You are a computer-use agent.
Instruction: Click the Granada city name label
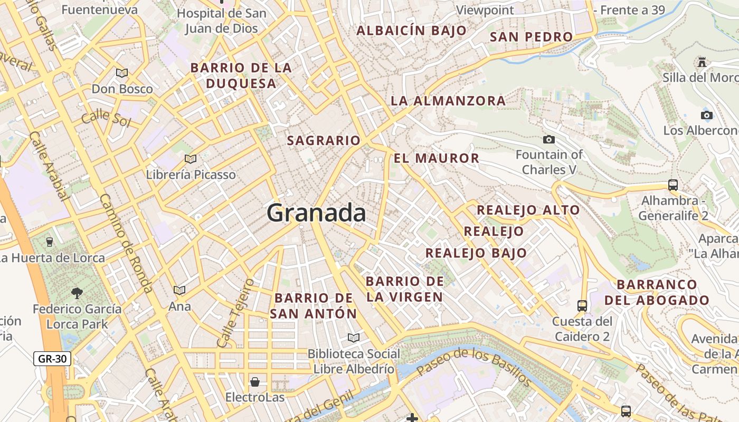(316, 213)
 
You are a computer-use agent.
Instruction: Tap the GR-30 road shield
(53, 359)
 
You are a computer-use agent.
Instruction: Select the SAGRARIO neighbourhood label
(324, 140)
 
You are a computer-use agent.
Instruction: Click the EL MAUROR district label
(437, 158)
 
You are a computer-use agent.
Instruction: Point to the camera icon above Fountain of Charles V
(549, 139)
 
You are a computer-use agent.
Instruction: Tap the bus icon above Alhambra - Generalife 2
(673, 185)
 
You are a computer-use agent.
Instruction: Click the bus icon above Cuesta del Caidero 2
(582, 305)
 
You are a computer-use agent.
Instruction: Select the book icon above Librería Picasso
(191, 159)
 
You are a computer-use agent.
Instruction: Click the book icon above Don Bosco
(122, 73)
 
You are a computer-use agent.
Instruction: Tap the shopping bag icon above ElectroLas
(255, 381)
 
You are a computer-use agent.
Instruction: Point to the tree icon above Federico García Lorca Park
(77, 293)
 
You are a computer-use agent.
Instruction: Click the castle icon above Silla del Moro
(702, 62)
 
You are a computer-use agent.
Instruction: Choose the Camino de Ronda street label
(126, 243)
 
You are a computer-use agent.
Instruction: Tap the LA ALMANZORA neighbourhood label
(448, 101)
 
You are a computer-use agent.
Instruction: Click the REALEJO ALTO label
(528, 210)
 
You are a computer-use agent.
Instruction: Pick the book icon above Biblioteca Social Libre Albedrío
(354, 338)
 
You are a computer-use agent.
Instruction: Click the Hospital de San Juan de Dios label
(222, 21)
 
